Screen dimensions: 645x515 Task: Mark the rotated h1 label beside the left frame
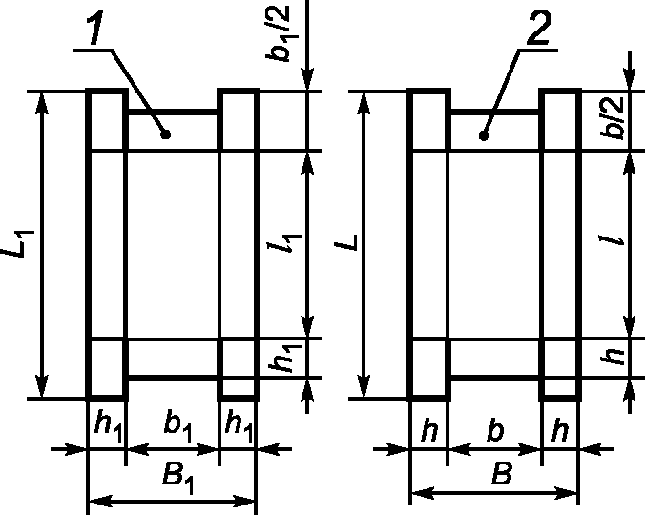point(282,359)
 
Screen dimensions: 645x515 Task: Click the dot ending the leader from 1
point(166,134)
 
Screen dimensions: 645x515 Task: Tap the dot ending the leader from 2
point(485,134)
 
